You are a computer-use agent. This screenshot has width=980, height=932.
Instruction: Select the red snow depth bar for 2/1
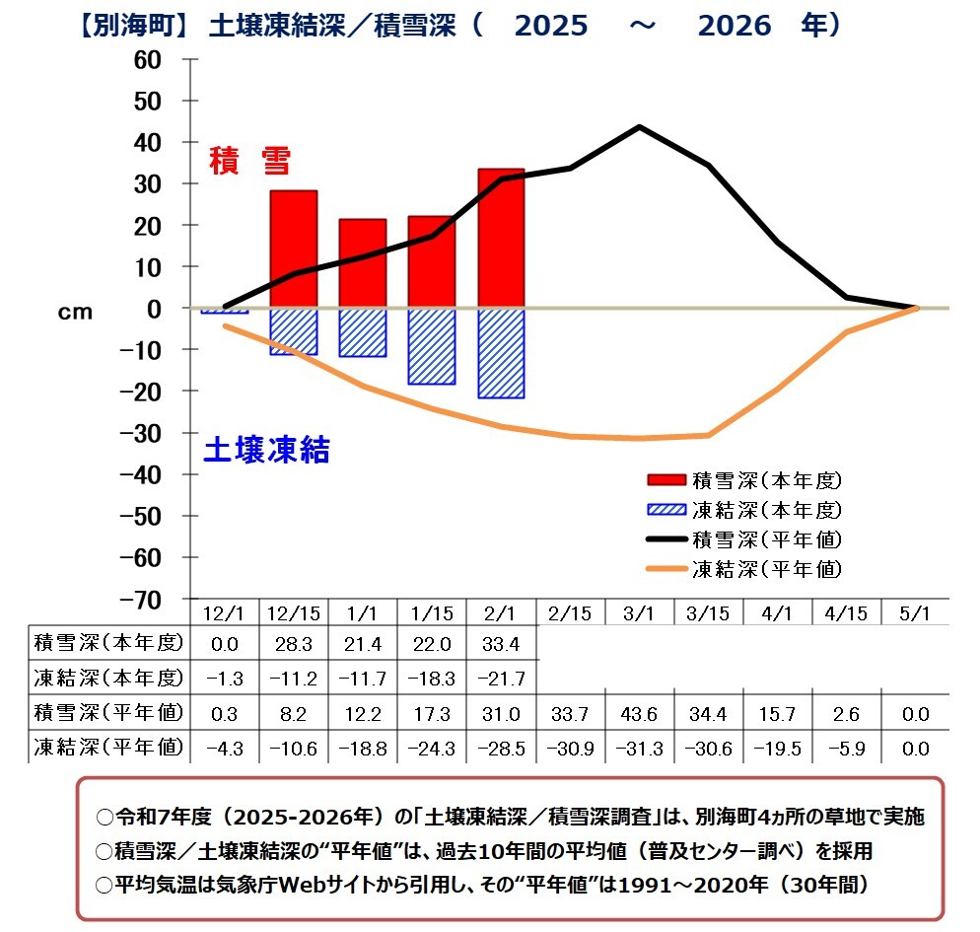(x=501, y=238)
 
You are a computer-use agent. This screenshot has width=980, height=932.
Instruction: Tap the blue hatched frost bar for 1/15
(x=432, y=346)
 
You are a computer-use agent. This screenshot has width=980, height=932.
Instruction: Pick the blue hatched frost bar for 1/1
(x=363, y=332)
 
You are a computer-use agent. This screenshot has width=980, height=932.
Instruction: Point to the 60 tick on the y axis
(x=147, y=59)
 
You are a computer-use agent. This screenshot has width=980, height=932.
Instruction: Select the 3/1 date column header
(x=639, y=612)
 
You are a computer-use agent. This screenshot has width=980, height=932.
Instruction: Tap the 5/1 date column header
(x=915, y=612)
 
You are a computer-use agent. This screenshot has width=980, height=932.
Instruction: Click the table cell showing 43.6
(x=639, y=713)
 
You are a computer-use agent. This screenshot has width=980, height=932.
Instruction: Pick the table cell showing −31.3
(x=639, y=747)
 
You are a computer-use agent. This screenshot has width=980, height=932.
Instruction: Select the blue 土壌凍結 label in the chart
(x=266, y=450)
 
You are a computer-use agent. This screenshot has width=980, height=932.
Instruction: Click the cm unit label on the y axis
(x=75, y=312)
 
